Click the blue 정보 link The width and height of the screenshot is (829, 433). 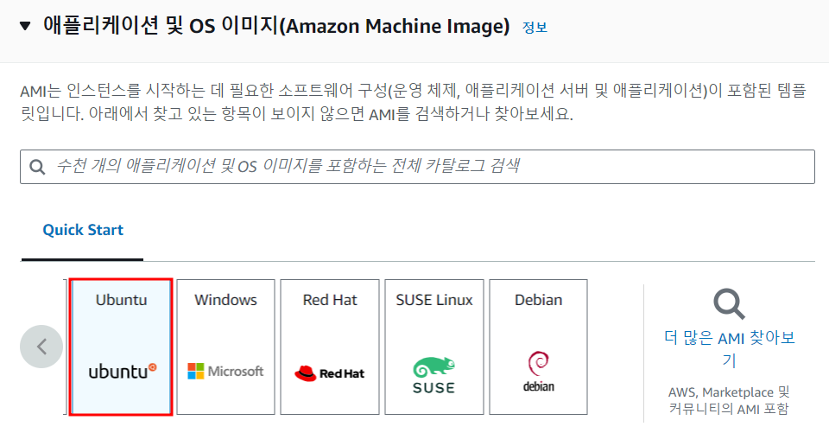[x=535, y=27]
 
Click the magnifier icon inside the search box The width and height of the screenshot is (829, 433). [x=37, y=167]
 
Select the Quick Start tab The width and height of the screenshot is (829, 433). [x=83, y=230]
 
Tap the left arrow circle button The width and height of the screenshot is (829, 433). [x=41, y=347]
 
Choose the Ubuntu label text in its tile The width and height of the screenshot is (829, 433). [x=121, y=300]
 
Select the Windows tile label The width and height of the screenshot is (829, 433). [x=225, y=300]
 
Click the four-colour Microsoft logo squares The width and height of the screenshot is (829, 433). [x=196, y=371]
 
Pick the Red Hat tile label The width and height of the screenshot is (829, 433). [x=330, y=300]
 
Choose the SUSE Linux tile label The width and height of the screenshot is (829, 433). [x=433, y=300]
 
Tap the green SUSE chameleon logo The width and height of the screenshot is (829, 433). [x=433, y=367]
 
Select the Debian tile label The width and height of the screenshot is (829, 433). [x=538, y=300]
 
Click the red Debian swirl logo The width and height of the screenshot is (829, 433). [x=538, y=363]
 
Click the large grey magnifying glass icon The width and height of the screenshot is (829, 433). [x=729, y=304]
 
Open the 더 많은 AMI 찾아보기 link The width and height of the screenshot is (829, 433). [x=729, y=348]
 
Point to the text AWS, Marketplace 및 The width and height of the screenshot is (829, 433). [x=729, y=392]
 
